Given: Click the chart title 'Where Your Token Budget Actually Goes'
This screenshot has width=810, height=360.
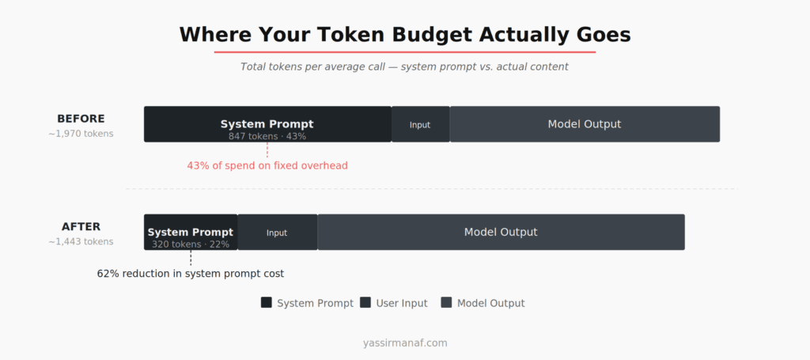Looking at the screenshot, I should point(404,35).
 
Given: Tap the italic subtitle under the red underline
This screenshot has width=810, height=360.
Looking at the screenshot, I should point(404,66).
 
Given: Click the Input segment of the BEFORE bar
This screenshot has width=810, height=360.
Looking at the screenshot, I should point(420,125).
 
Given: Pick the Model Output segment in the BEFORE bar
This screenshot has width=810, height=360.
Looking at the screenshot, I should point(585,124).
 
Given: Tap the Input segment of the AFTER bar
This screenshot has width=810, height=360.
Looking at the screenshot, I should point(277,233).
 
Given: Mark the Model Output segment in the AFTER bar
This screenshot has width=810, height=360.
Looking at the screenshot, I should point(501,232).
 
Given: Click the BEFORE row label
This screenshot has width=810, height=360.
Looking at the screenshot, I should point(81,119).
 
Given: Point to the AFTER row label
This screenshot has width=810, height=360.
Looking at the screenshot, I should point(81,226).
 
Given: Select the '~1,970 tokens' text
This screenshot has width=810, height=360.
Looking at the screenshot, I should point(81,134).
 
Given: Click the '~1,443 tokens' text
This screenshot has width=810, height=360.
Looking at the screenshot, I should point(81,241).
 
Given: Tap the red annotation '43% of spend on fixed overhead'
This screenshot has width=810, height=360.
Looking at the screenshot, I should point(267,165).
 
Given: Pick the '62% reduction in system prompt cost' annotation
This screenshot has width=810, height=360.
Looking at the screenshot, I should point(191,274).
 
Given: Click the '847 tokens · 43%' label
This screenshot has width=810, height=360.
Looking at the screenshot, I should point(267,136).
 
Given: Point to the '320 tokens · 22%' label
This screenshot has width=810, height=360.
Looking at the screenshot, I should point(191,244).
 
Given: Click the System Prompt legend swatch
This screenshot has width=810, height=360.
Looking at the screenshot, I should point(267,302).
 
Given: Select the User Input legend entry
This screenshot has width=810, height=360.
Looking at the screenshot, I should point(393,303).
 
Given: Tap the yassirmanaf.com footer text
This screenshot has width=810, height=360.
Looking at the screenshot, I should point(405,343).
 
